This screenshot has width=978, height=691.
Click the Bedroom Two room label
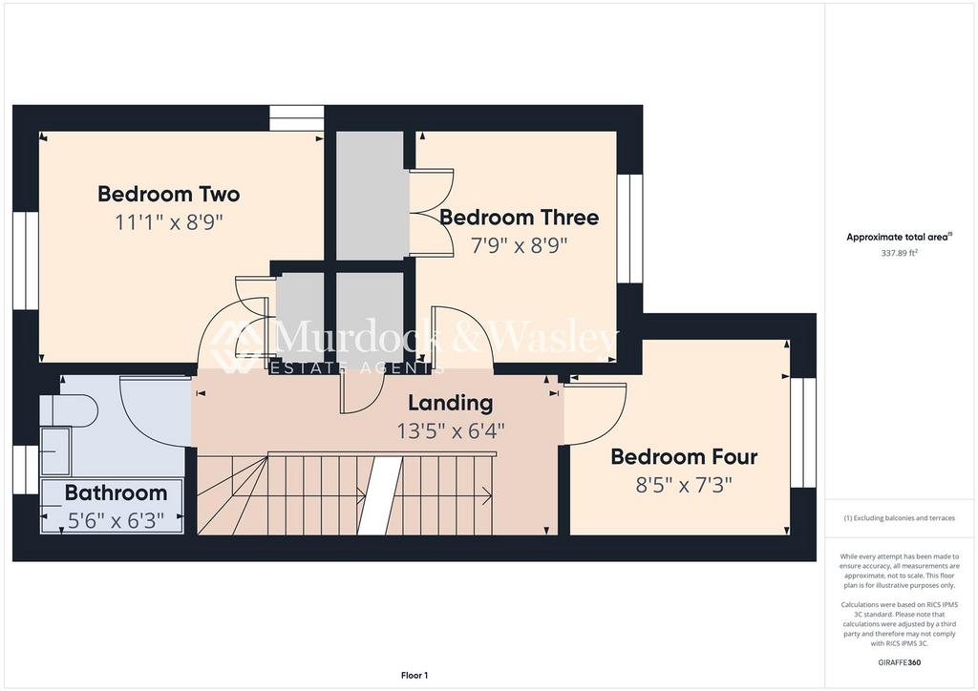click(168, 194)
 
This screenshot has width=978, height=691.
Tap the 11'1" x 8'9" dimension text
click(168, 221)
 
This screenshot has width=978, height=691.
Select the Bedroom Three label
click(519, 217)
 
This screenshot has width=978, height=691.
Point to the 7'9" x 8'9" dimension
click(519, 246)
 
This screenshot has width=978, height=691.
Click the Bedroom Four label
click(684, 457)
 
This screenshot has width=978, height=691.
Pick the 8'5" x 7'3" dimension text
click(684, 485)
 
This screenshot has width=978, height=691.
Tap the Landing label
click(451, 403)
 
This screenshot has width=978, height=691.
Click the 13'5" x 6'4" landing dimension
click(451, 430)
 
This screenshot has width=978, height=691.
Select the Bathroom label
click(116, 492)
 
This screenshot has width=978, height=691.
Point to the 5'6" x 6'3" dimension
click(116, 520)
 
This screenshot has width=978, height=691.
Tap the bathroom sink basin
click(54, 451)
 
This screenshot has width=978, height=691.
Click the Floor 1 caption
click(415, 676)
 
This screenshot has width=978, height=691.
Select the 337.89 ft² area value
click(899, 253)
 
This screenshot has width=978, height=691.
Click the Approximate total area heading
click(899, 237)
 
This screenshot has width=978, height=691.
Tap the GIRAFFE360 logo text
click(899, 662)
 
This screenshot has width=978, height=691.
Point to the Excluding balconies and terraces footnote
click(899, 518)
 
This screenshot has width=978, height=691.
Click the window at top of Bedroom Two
click(297, 117)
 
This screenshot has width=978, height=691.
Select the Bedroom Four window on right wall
click(802, 432)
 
